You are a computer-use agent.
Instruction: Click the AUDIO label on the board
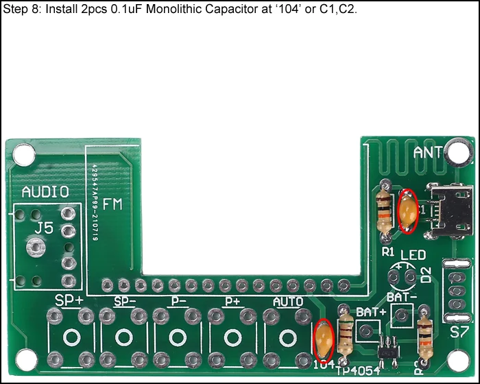point(45,191)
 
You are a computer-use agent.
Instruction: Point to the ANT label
point(429,153)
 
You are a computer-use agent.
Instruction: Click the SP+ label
point(69,300)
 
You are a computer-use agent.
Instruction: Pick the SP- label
point(125,301)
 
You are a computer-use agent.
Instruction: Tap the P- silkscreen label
point(178,301)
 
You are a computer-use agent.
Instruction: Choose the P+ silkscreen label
point(232,301)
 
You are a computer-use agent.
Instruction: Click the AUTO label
point(288,301)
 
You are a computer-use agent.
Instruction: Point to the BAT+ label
point(371,312)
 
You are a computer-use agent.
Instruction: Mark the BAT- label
point(402,298)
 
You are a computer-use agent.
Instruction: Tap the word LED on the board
point(413,256)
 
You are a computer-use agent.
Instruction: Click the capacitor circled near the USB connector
point(409,211)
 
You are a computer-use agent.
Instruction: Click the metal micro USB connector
point(448,212)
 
